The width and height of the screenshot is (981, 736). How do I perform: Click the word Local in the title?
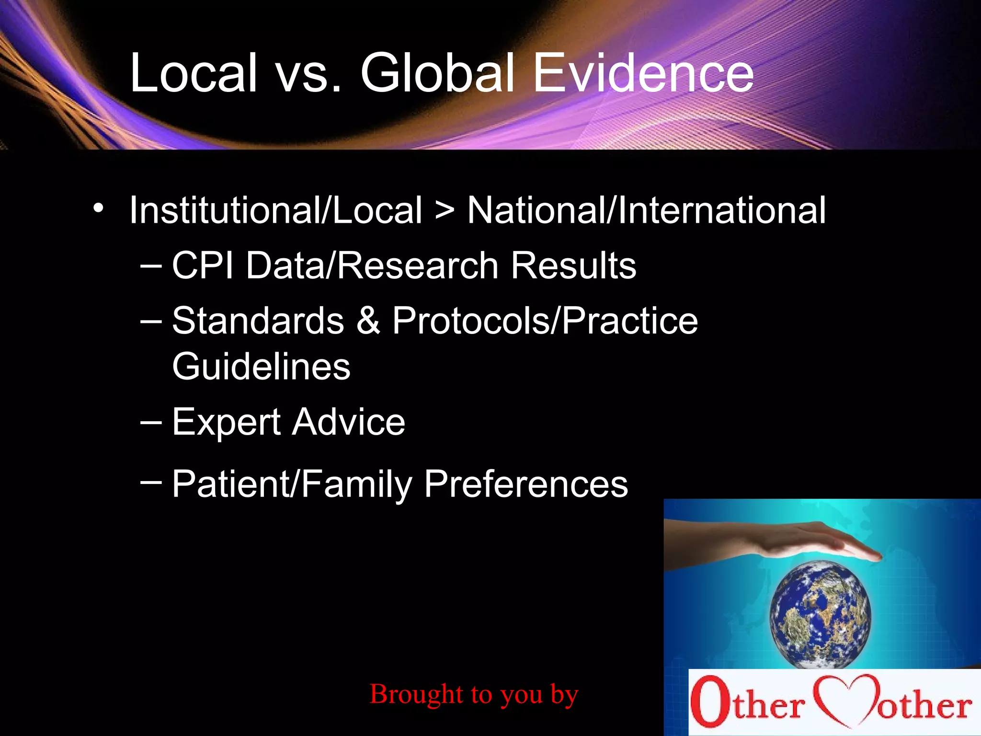(194, 73)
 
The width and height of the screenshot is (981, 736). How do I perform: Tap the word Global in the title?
(437, 73)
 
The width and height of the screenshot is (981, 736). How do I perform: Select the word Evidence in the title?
(643, 73)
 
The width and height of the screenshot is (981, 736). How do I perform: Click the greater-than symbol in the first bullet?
(445, 211)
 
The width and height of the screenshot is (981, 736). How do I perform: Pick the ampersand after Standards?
(368, 321)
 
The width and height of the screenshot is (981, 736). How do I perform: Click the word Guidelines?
(261, 367)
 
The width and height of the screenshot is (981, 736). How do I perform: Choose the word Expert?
(226, 423)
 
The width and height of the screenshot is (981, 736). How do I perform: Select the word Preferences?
(525, 484)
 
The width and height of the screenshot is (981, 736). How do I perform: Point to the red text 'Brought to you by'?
(474, 694)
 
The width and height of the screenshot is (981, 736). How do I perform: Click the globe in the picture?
(820, 614)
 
